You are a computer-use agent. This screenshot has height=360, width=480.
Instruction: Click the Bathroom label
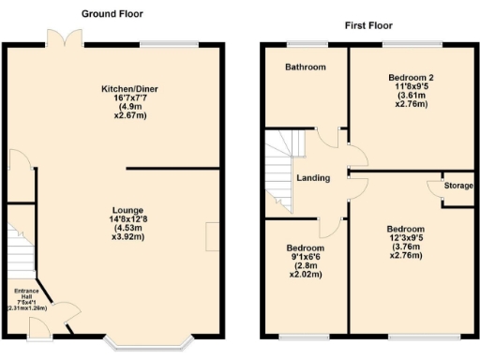(307, 67)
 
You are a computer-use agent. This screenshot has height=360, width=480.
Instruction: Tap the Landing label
(313, 178)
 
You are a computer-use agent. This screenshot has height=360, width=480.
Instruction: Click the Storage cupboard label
(458, 186)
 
